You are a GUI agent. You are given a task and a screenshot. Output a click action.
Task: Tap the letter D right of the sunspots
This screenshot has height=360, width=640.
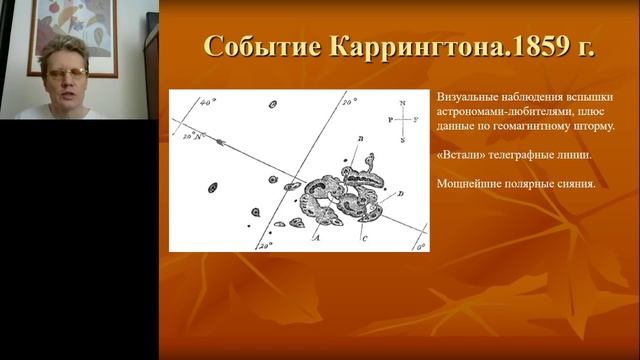pos(401,193)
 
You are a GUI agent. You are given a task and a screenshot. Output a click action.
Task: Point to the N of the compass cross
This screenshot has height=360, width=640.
pos(402,102)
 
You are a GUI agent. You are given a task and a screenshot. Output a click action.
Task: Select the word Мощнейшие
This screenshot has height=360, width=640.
pos(473,184)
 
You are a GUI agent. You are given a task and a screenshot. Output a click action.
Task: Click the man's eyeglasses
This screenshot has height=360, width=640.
pos(66,74)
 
